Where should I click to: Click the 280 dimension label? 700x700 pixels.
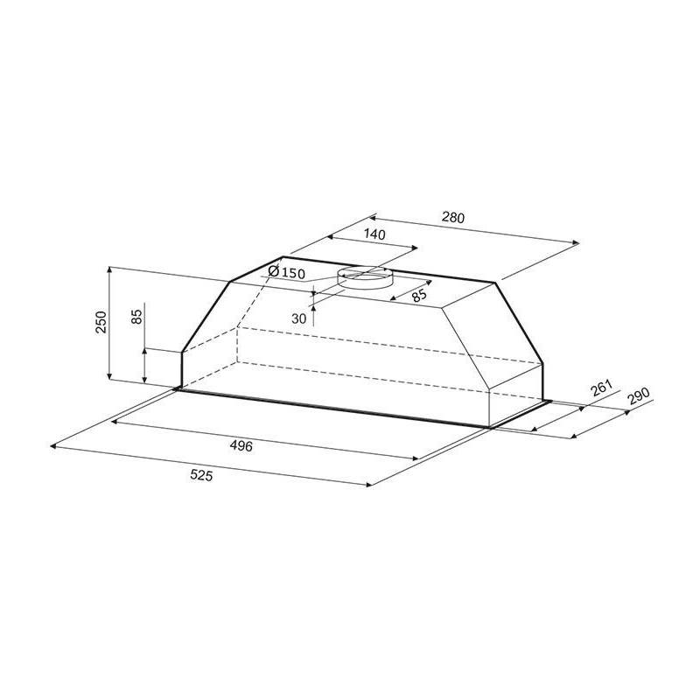(453, 217)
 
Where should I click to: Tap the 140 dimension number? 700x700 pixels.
(374, 234)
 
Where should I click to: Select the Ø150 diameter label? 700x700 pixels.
(287, 272)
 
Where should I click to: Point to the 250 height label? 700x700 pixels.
(101, 322)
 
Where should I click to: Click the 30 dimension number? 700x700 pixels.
(298, 318)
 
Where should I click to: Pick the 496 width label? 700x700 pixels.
(241, 445)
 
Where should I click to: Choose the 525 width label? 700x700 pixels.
(201, 475)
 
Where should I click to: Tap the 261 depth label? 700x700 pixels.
(601, 388)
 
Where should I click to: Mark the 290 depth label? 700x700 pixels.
(638, 395)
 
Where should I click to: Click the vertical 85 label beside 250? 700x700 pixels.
(137, 317)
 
